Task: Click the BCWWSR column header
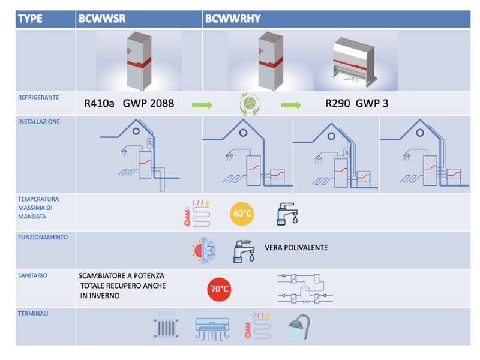[x=102, y=19]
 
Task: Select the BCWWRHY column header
[x=233, y=19]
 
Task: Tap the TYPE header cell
[x=30, y=19]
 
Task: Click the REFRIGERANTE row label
[x=38, y=97]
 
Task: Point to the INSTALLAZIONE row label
[x=39, y=121]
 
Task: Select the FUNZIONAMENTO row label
[x=43, y=237]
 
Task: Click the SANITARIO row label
[x=33, y=275]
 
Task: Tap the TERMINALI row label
[x=34, y=313]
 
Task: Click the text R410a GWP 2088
[x=129, y=103]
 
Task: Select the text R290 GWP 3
[x=356, y=103]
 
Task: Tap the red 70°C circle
[x=219, y=290]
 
